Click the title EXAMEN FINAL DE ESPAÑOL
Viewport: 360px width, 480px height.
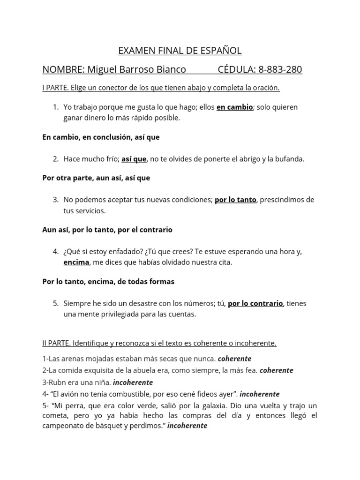[x=180, y=51]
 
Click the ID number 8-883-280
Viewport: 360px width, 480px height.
[x=280, y=70]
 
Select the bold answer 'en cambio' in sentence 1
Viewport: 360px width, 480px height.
[x=234, y=107]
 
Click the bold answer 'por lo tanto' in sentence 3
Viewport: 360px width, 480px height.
[x=235, y=200]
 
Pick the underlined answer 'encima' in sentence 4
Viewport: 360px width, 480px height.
[x=76, y=262]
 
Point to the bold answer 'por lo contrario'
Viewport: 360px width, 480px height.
[x=255, y=303]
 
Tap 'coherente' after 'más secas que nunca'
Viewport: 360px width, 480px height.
[x=234, y=359]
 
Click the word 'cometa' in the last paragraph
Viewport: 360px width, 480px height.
[x=55, y=416]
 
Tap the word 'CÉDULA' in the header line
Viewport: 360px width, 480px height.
[x=236, y=70]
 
